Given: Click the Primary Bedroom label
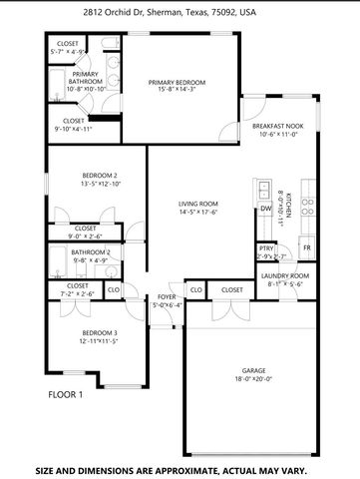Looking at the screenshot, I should [177, 83].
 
